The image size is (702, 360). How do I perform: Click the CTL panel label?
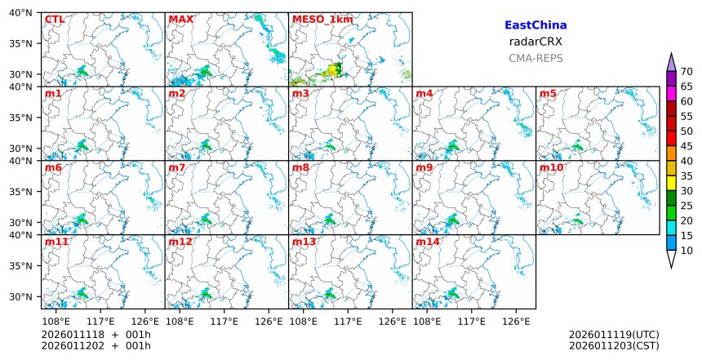(x=55, y=19)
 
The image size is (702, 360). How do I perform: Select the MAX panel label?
(x=179, y=19)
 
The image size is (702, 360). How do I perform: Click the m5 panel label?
(x=548, y=93)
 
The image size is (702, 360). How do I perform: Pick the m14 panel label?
(x=427, y=242)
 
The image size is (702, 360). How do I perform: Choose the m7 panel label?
(x=179, y=167)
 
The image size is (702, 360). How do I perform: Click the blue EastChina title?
(x=535, y=25)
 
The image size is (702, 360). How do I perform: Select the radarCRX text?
(x=535, y=42)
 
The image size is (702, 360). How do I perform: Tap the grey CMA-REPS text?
(x=535, y=58)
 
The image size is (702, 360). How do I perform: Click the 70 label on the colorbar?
(x=686, y=71)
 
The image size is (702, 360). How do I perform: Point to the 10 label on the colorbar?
(x=686, y=251)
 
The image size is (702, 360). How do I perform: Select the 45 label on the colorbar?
(x=686, y=146)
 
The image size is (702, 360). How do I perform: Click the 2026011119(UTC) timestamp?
(x=614, y=335)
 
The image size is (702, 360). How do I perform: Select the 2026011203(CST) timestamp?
(x=614, y=345)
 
